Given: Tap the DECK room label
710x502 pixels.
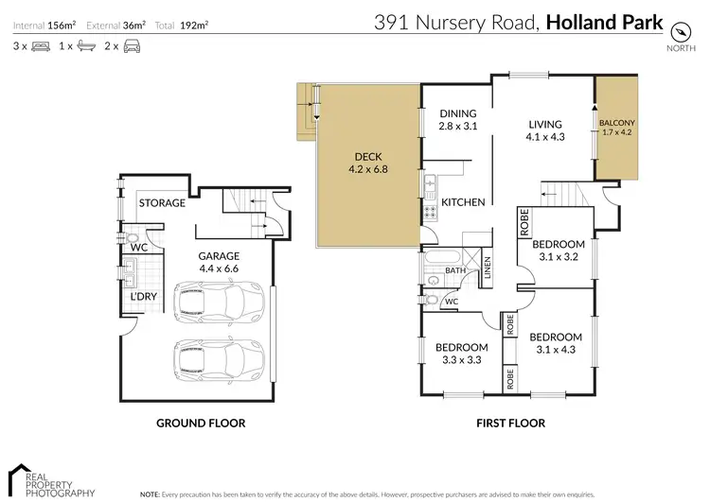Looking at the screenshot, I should tap(367, 157).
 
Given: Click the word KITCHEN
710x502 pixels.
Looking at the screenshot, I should tap(463, 201).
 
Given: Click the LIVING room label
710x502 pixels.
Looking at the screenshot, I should tap(545, 124).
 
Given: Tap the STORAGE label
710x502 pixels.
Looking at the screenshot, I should tap(162, 203).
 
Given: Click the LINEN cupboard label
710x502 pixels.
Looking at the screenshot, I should tap(488, 268).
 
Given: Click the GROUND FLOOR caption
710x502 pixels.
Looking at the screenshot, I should tap(201, 424).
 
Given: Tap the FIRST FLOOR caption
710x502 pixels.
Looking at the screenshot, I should tap(512, 424).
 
